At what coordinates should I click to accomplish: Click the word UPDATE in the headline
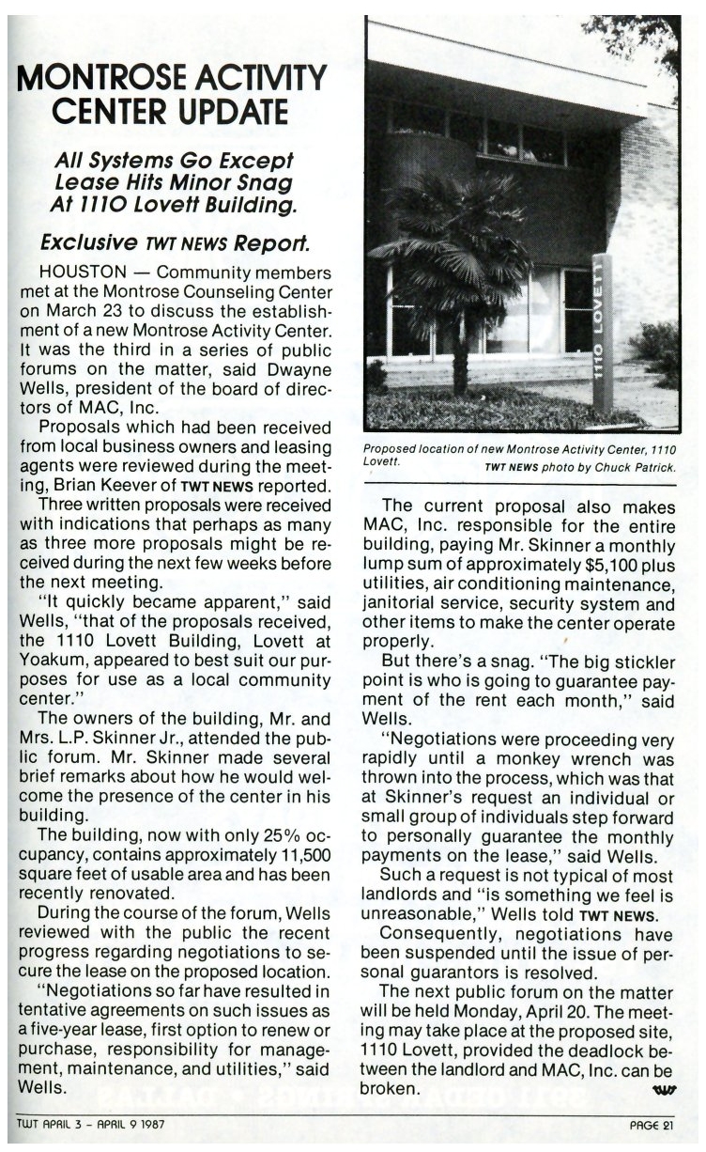pos(229,110)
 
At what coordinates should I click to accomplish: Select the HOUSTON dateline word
pos(76,272)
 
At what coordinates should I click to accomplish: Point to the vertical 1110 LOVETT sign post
pos(602,334)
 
